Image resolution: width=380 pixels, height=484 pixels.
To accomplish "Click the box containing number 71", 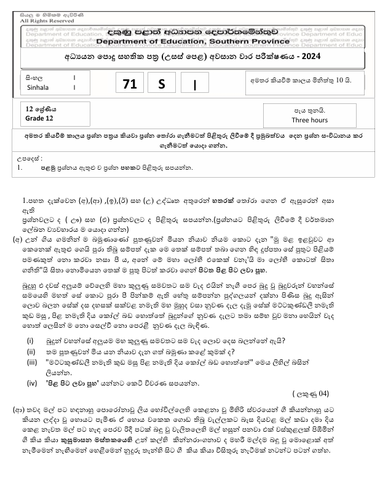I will point(130,85).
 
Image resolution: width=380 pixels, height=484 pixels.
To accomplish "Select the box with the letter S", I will point(161,85).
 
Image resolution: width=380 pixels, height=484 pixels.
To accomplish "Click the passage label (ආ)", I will point(18,408).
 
